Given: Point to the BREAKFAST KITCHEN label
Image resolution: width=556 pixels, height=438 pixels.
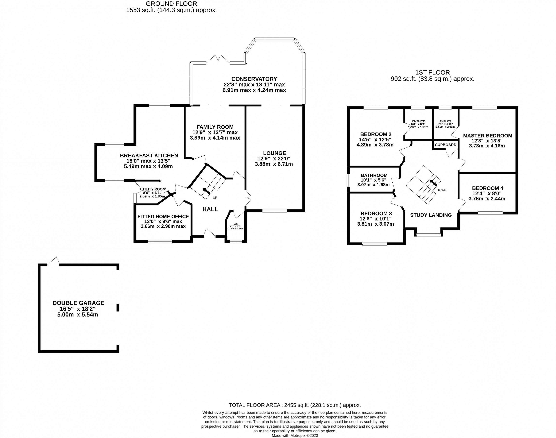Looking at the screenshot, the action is tap(149, 155).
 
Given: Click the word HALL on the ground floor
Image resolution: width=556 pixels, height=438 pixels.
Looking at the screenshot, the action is tap(210, 209).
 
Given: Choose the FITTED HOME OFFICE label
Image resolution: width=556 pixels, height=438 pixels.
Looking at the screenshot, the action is tap(163, 216).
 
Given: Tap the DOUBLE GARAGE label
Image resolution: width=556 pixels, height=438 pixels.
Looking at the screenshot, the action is tap(78, 303).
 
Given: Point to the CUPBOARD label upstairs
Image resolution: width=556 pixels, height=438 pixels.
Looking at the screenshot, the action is tap(445, 145).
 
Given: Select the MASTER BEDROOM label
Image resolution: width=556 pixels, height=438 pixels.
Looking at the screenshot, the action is tap(487, 136).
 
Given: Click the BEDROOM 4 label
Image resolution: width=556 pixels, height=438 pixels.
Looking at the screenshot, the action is tap(487, 188).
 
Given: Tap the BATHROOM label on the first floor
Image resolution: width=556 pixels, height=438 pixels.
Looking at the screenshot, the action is tap(374, 175).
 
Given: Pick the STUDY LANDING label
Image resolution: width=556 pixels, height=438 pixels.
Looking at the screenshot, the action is tap(431, 215).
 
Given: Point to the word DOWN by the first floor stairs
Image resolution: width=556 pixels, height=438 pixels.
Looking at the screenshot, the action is tap(441, 190).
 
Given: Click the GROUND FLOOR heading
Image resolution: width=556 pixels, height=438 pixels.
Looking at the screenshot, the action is tap(171, 4).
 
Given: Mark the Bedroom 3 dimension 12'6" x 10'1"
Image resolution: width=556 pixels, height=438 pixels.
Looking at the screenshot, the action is tap(375, 219).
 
